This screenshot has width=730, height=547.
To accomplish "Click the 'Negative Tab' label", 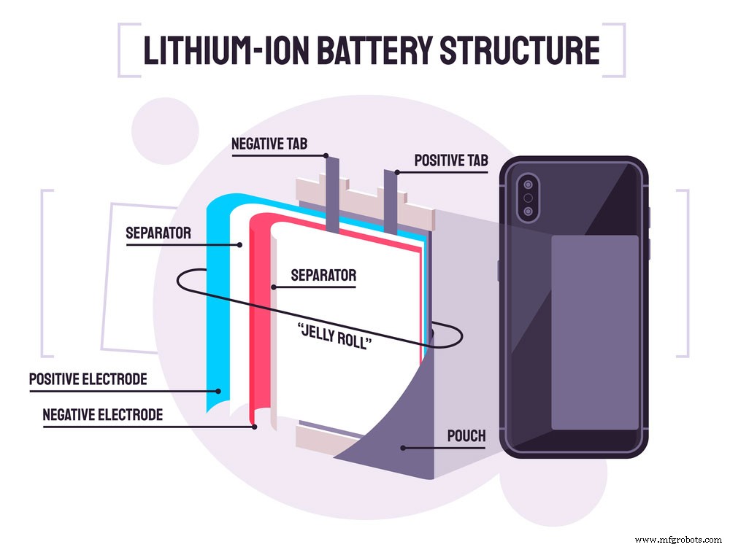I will pos(269,144).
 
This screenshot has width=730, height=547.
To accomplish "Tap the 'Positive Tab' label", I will pos(451,160).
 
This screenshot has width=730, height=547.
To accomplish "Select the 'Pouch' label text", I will pos(466,436).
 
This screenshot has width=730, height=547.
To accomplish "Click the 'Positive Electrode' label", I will pos(88,379).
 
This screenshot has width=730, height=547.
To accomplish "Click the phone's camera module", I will pos(528,197).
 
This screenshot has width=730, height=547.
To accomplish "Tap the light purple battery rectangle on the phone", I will pos(594,332).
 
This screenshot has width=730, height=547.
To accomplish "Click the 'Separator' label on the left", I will pos(158,234).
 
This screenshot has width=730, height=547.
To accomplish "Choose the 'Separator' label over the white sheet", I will pos(323,276).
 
